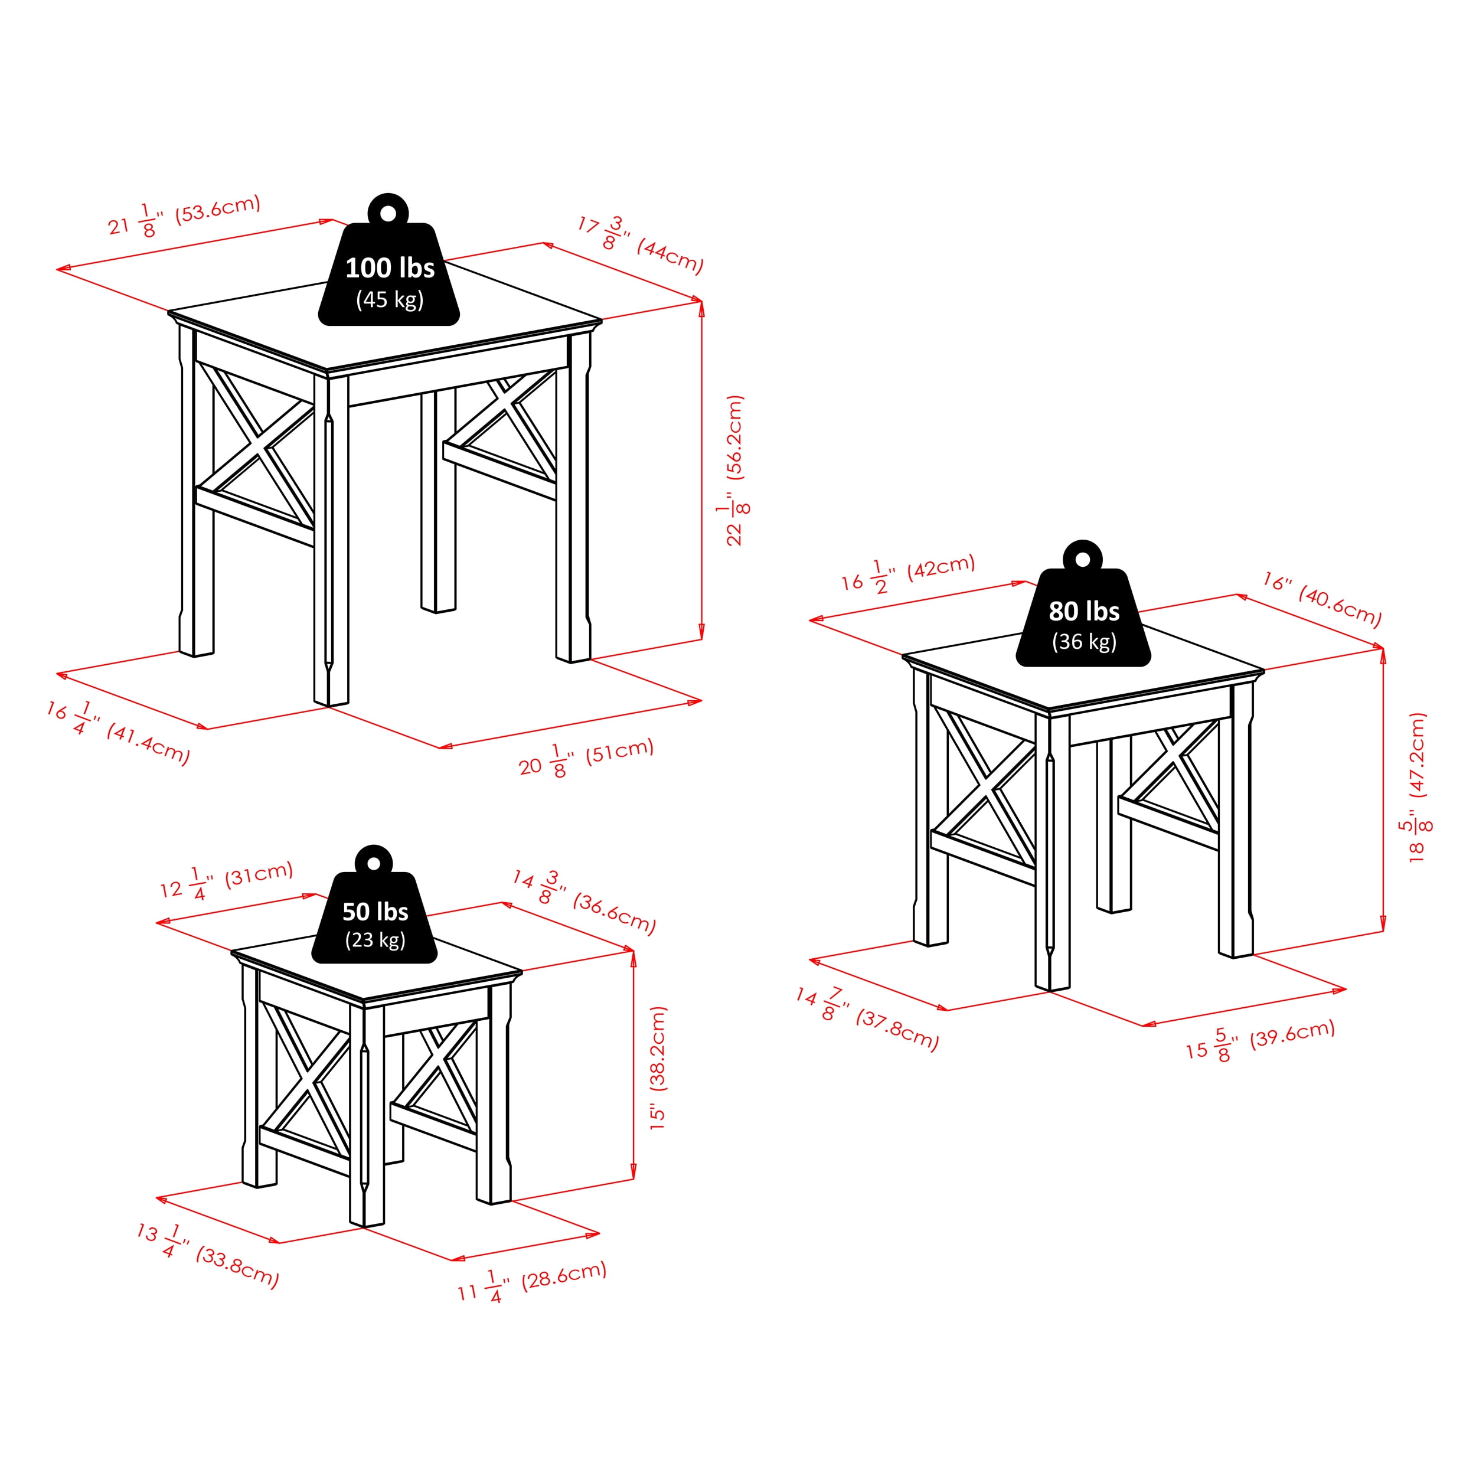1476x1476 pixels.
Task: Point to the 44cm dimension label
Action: (x=640, y=244)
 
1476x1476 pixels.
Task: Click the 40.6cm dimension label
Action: (x=1322, y=600)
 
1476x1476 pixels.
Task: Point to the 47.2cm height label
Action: (x=1417, y=787)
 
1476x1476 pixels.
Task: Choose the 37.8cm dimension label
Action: (x=867, y=1019)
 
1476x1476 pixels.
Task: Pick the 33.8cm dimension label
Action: (x=208, y=1256)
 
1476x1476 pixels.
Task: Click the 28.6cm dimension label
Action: (x=533, y=1284)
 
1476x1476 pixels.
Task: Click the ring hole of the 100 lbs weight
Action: (x=388, y=213)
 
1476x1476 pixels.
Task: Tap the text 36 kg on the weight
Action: (x=1084, y=642)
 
